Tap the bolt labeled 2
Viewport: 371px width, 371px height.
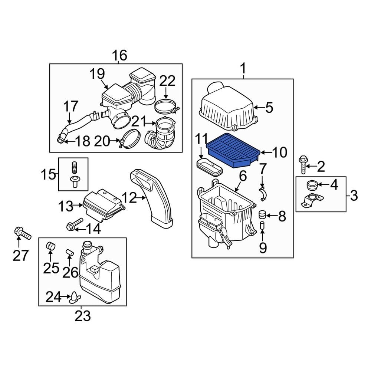[x=302, y=165]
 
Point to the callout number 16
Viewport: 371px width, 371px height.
[x=119, y=55]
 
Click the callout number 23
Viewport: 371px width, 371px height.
[x=82, y=316]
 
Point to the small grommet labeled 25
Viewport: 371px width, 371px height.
[x=50, y=246]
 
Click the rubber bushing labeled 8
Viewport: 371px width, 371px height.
[x=262, y=215]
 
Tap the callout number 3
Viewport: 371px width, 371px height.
[x=354, y=195]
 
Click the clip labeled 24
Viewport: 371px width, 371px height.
[x=76, y=297]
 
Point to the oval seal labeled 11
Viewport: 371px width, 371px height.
[x=209, y=165]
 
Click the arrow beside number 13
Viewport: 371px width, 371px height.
[x=79, y=204]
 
